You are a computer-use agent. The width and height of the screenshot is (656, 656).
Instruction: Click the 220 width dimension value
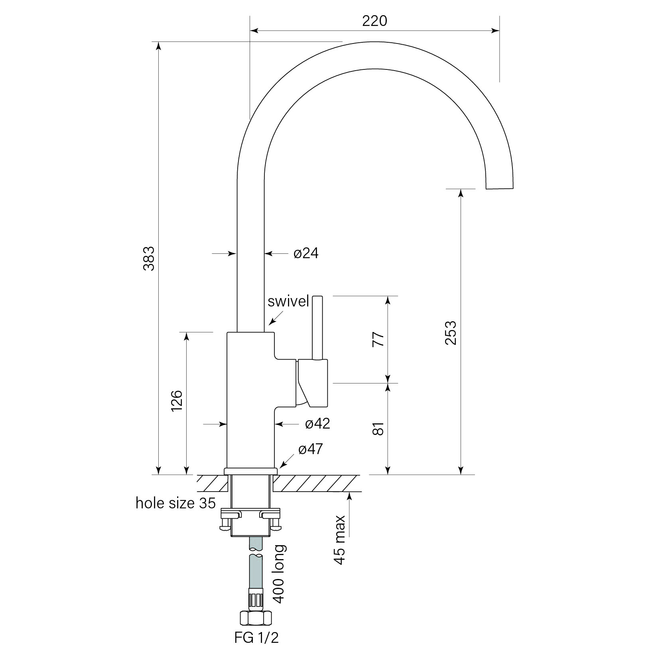pos(374,21)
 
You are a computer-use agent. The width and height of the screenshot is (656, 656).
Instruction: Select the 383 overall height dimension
pos(149,259)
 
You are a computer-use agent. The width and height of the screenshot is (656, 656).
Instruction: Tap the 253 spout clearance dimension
pos(450,332)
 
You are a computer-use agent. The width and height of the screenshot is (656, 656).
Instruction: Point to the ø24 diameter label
pos(306,253)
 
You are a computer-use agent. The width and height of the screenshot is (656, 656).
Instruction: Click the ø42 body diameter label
pos(317,424)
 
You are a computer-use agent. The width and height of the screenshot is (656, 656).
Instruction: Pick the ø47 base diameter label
pos(310,450)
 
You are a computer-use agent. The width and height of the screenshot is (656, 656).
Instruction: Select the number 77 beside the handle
pos(378,339)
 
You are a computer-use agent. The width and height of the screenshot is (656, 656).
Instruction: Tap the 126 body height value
pos(177,401)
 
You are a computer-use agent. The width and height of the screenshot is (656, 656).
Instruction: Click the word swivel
pos(288,302)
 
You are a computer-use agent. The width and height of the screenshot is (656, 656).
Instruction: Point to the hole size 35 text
pos(175,503)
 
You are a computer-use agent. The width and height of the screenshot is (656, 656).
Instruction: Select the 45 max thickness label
pos(340,539)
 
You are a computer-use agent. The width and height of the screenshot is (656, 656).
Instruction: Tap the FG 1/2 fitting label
pos(256,638)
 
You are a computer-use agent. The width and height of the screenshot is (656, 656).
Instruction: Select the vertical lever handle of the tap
pos(317,327)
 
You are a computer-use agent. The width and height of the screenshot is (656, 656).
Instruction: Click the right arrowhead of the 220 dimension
pos(496,30)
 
